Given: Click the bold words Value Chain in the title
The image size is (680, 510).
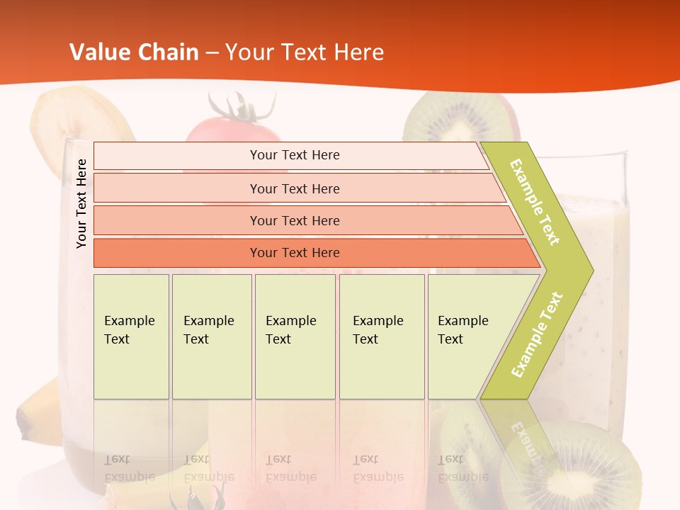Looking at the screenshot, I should (x=134, y=52).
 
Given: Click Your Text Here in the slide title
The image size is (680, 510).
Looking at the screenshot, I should (x=305, y=52).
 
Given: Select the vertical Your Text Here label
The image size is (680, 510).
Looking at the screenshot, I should (x=82, y=203).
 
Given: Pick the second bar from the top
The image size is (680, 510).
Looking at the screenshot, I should (x=294, y=188).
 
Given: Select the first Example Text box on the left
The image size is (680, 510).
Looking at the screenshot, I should (x=131, y=336).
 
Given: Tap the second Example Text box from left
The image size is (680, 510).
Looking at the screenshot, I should (x=212, y=336).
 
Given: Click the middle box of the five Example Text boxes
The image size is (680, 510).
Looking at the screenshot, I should (x=295, y=336).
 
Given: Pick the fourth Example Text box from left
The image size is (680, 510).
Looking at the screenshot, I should (x=382, y=336).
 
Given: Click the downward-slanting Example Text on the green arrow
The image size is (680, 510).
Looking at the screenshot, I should (x=535, y=202).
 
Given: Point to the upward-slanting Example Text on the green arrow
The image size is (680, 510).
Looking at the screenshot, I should (x=537, y=335).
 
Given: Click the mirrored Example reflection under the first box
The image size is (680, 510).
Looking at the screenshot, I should (x=130, y=477).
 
